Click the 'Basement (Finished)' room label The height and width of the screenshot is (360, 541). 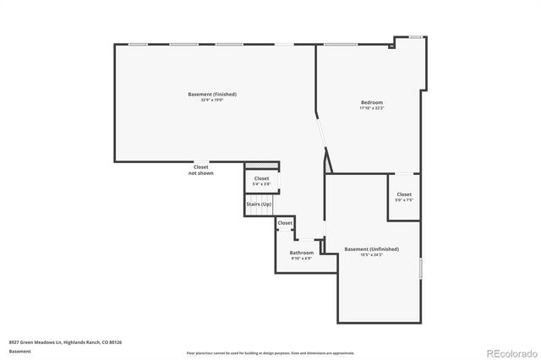coord(211,94)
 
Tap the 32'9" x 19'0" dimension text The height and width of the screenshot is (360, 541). coord(211,101)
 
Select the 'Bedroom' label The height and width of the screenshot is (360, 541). coord(372,101)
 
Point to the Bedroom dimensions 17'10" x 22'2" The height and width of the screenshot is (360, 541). coord(372,108)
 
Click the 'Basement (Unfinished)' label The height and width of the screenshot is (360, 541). coord(372,248)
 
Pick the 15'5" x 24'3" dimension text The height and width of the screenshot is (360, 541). coord(372,255)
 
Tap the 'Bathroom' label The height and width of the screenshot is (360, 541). coord(302,253)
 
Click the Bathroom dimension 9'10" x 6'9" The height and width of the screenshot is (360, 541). coord(302,259)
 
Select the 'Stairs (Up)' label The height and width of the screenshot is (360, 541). coord(259,205)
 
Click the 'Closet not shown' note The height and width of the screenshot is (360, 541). coord(201,170)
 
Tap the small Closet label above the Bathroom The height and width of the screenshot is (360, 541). coord(285,223)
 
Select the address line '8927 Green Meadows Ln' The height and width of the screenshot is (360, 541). coord(65,342)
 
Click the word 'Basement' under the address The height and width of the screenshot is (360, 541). coord(19,351)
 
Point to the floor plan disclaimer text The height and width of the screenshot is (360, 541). coord(270,352)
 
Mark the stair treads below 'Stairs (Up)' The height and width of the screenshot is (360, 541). coord(258,212)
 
